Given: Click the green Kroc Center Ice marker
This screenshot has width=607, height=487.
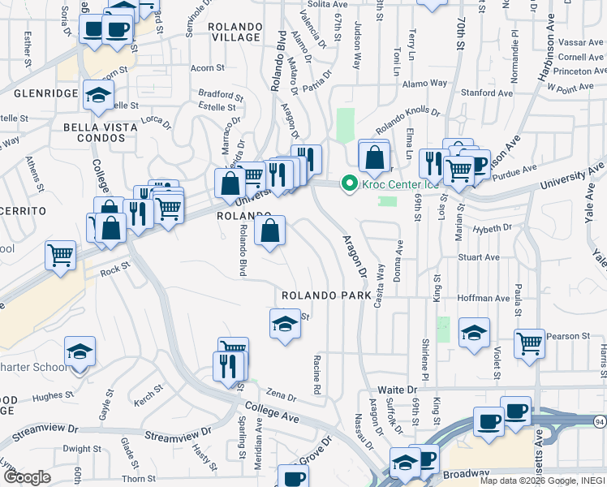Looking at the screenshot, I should click(350, 184).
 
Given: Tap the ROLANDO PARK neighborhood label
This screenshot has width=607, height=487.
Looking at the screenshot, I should click(325, 295).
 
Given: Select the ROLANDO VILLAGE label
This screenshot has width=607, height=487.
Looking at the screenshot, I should click(235, 32).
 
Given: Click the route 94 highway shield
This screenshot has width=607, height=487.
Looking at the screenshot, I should click(598, 421).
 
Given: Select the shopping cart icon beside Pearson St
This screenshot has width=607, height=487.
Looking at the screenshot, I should click(529, 343).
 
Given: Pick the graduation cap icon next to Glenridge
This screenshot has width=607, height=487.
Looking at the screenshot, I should click(98, 96).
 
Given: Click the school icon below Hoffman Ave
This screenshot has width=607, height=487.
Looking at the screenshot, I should click(474, 332).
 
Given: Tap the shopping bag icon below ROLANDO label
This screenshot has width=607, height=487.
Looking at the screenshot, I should click(269, 231).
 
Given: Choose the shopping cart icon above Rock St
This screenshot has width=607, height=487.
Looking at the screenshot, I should click(61, 255).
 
